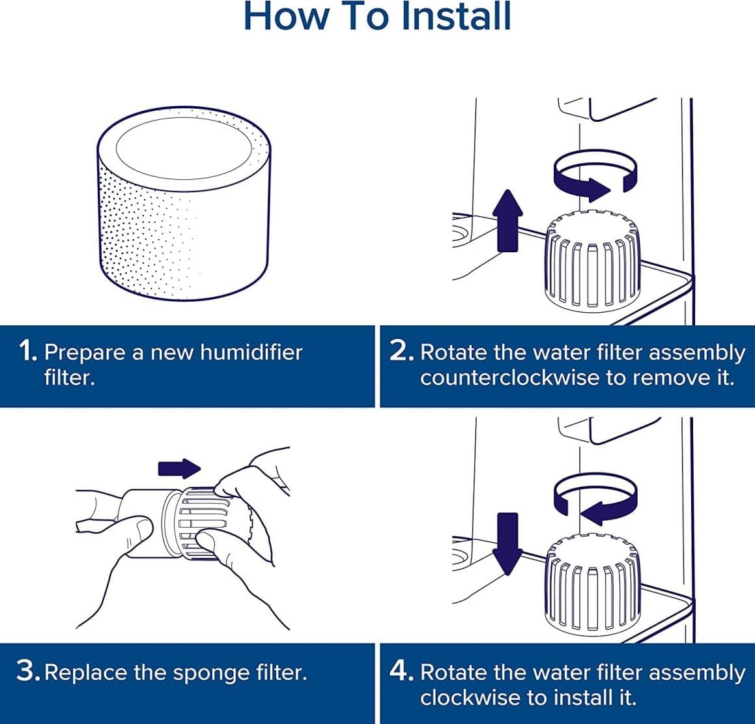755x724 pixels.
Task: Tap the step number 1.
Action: point(28,352)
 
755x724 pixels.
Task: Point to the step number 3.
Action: point(28,672)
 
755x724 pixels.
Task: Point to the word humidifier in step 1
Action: point(251,353)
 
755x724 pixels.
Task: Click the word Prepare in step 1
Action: point(84,353)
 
